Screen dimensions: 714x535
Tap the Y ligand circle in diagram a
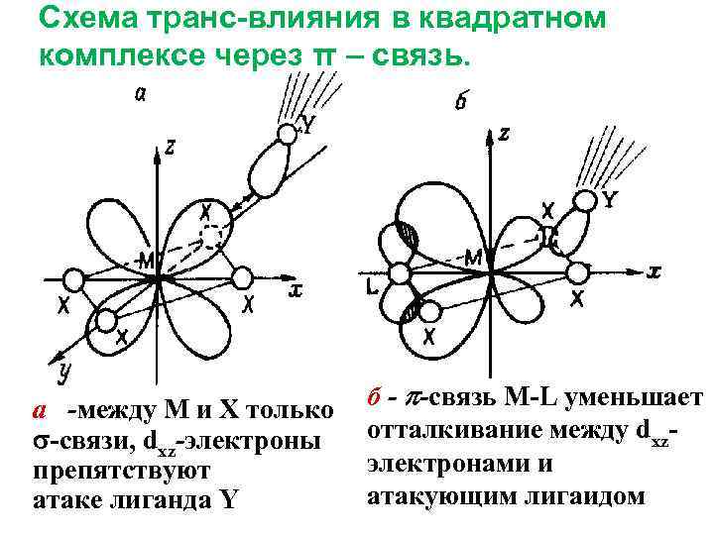(x=288, y=133)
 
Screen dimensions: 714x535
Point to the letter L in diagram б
(x=370, y=287)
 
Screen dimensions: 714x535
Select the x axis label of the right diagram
(x=654, y=269)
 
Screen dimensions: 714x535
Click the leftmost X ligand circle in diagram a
(x=70, y=280)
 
